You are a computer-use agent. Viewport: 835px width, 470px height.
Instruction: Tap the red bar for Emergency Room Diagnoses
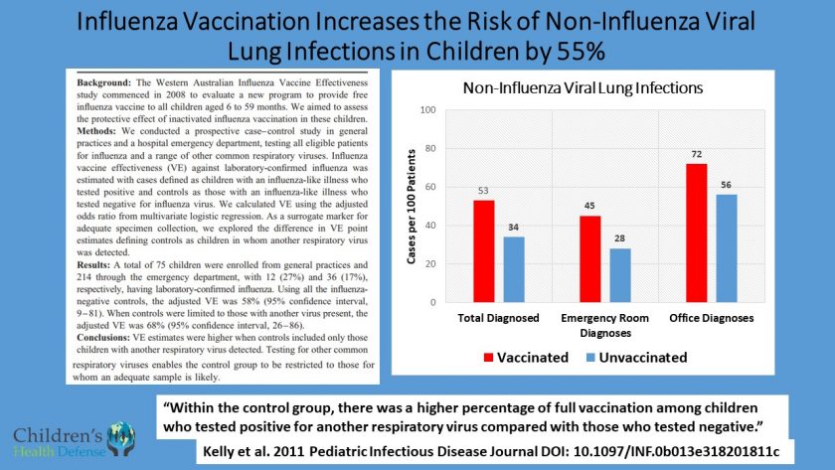[x=590, y=258]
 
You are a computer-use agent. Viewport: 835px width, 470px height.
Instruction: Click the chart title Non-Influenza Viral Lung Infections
[x=584, y=87]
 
